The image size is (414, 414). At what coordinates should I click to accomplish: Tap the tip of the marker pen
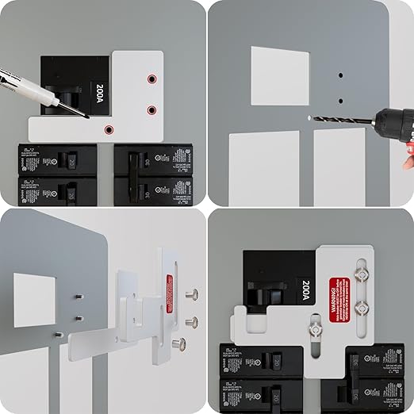click(x=86, y=116)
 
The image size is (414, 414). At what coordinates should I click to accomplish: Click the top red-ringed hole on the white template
click(x=151, y=79)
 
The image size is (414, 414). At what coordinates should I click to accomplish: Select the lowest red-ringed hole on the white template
click(x=110, y=128)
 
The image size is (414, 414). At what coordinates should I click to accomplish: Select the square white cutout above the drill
click(x=278, y=76)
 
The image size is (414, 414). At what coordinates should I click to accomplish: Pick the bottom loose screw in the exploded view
click(x=181, y=344)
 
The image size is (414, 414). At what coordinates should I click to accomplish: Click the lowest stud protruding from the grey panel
click(x=57, y=334)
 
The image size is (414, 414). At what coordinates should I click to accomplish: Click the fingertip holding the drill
click(x=408, y=163)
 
